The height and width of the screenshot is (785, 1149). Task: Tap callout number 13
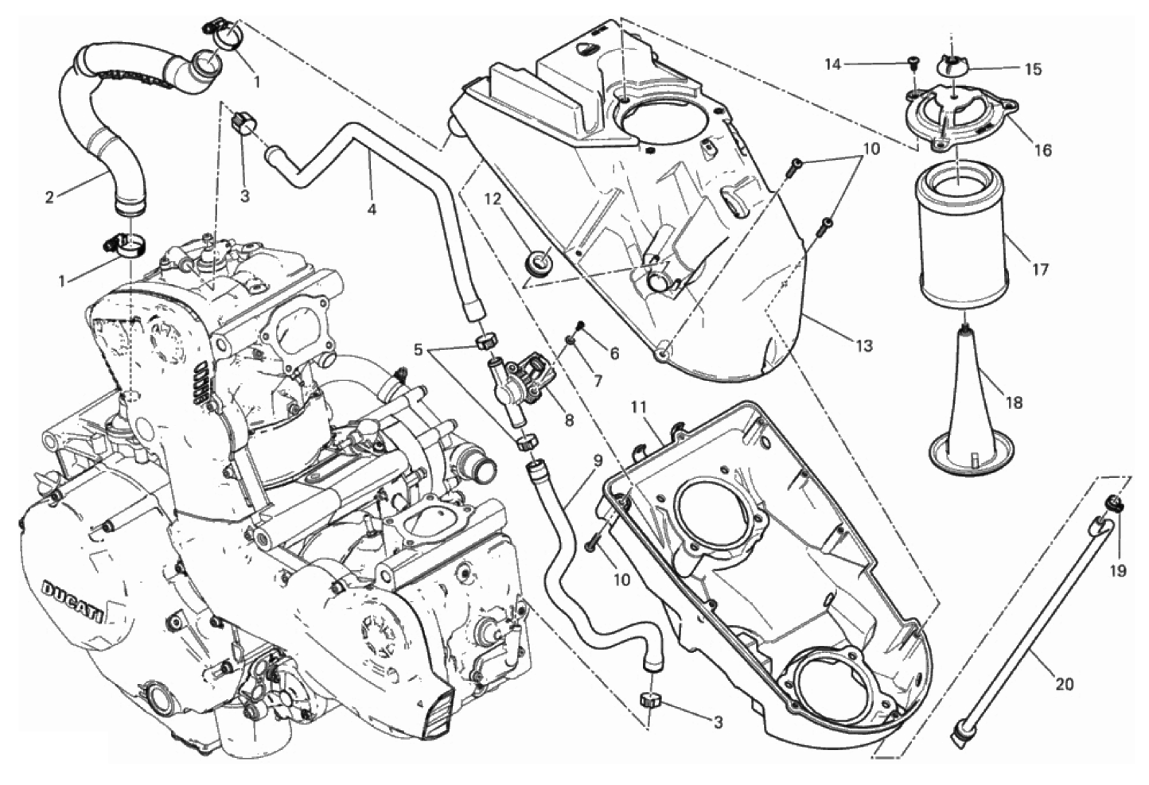pos(864,346)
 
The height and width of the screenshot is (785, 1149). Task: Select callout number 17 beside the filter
pos(1040,269)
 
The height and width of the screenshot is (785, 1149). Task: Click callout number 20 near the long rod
pos(1064,684)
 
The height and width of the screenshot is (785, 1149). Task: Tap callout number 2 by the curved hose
pos(49,197)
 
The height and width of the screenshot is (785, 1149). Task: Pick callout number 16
pos(1042,150)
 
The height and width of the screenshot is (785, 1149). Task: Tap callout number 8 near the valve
pos(568,420)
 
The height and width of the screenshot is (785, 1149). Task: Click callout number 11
pos(639,408)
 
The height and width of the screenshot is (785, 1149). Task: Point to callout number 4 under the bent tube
pos(372,209)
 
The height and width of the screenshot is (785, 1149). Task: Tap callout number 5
pos(419,350)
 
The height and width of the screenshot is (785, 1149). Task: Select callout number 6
pos(613,353)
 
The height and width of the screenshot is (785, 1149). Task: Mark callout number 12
pos(493,200)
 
